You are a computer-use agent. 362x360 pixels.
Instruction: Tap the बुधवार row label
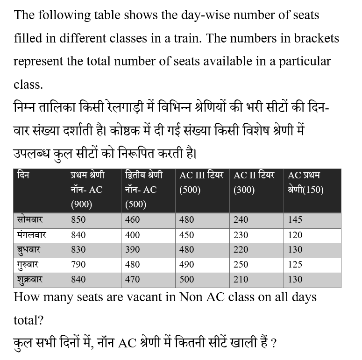click(28, 250)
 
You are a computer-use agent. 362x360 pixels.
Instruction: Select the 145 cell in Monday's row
click(295, 219)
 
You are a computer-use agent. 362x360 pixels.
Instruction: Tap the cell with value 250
click(241, 264)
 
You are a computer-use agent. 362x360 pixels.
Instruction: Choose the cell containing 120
click(295, 234)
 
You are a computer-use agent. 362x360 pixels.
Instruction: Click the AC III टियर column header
click(201, 176)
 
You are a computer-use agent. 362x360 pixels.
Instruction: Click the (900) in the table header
click(81, 205)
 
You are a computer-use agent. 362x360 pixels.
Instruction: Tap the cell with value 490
click(187, 264)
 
